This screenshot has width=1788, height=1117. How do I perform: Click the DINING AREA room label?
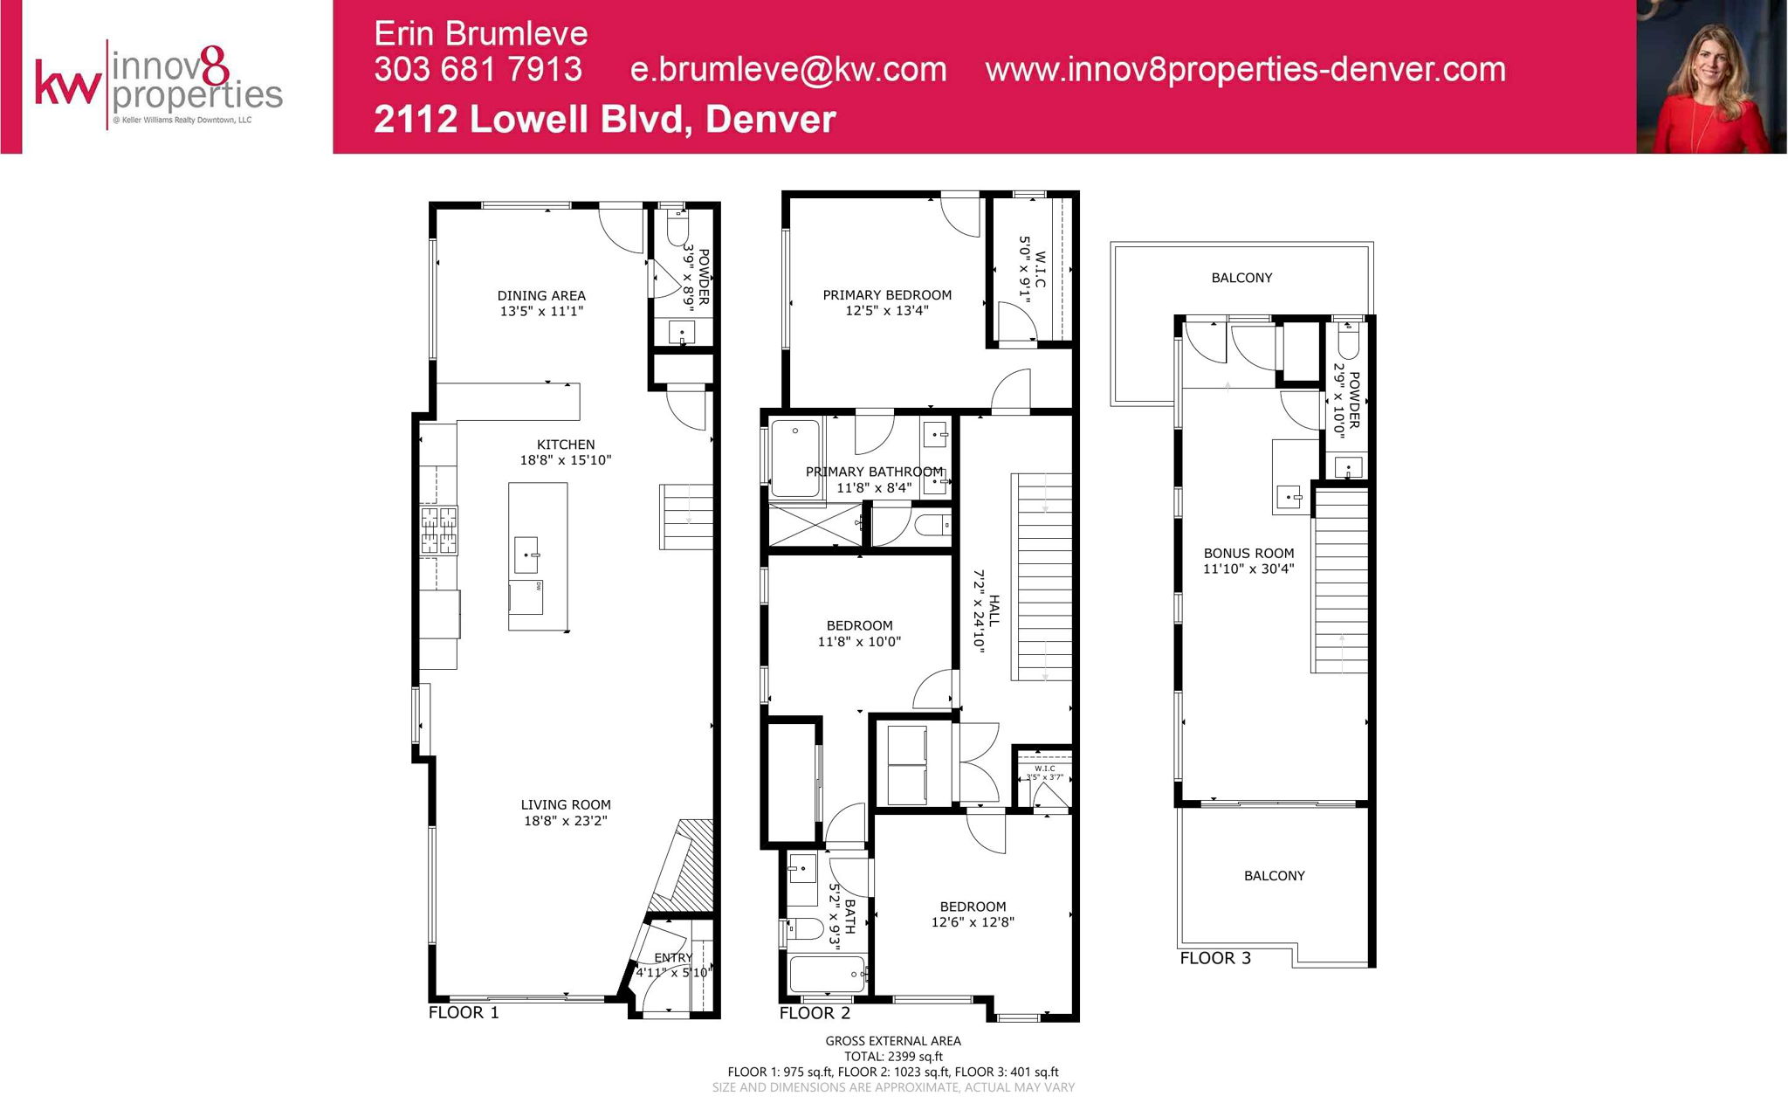point(541,296)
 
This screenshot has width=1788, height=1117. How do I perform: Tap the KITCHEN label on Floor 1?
point(566,445)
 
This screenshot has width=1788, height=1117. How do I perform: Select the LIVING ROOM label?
point(566,805)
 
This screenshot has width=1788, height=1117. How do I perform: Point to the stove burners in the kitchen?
point(439,530)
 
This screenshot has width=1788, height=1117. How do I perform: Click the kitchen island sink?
point(526,555)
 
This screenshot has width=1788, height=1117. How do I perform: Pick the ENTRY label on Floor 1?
point(672,958)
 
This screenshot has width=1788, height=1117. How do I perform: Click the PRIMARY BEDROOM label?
point(887,295)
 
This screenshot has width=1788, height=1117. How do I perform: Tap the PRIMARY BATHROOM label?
point(874,472)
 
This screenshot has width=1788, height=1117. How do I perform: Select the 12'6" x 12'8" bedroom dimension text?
point(973,922)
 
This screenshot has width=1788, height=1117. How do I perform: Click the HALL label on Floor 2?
point(994,610)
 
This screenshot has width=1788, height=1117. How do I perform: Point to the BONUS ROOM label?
point(1248,553)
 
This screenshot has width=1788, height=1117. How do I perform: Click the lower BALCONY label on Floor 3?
point(1274,876)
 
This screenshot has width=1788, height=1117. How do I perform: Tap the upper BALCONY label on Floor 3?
point(1241,278)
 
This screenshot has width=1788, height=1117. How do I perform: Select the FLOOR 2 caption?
point(815,1013)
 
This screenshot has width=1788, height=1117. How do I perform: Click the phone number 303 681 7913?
point(478,70)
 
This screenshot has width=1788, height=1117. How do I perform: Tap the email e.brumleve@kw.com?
point(788,70)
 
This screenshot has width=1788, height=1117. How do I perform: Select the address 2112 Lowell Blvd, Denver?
point(605,120)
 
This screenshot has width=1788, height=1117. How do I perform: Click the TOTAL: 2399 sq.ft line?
point(893,1057)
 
